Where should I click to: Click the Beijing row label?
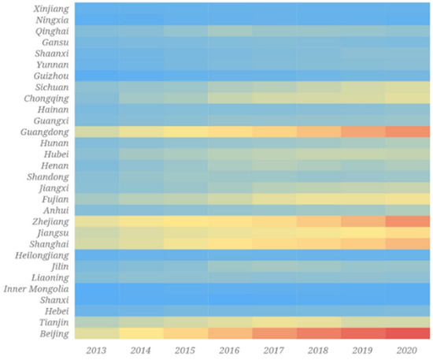pyautogui.click(x=53, y=333)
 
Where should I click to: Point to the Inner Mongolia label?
pyautogui.click(x=36, y=288)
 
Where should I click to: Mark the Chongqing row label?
pyautogui.click(x=46, y=99)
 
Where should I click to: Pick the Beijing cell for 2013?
pyautogui.click(x=98, y=333)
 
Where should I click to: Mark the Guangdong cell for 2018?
pyautogui.click(x=319, y=132)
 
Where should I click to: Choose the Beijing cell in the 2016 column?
pyautogui.click(x=231, y=333)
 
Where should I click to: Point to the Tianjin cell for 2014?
pyautogui.click(x=142, y=322)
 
